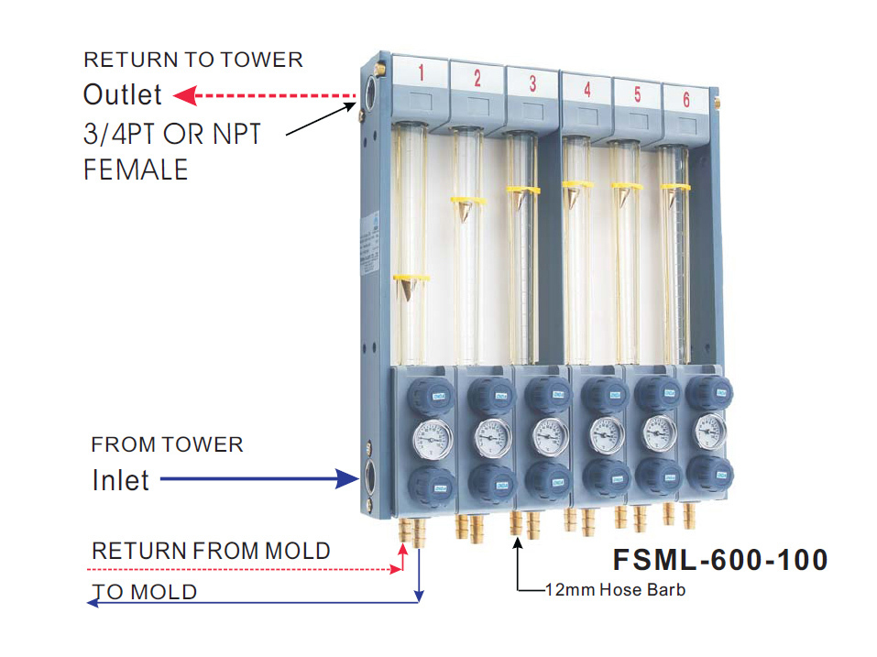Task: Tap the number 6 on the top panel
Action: click(685, 100)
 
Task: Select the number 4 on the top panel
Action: click(586, 90)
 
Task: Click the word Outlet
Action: click(122, 94)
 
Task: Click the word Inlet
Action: click(120, 480)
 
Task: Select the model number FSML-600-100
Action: click(719, 559)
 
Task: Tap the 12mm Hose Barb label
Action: click(615, 589)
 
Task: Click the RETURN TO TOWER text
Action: click(192, 60)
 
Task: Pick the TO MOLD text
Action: click(145, 592)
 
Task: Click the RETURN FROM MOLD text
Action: click(211, 551)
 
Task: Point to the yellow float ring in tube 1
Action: click(411, 277)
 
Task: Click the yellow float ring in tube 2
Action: click(467, 199)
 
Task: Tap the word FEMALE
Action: click(135, 170)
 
